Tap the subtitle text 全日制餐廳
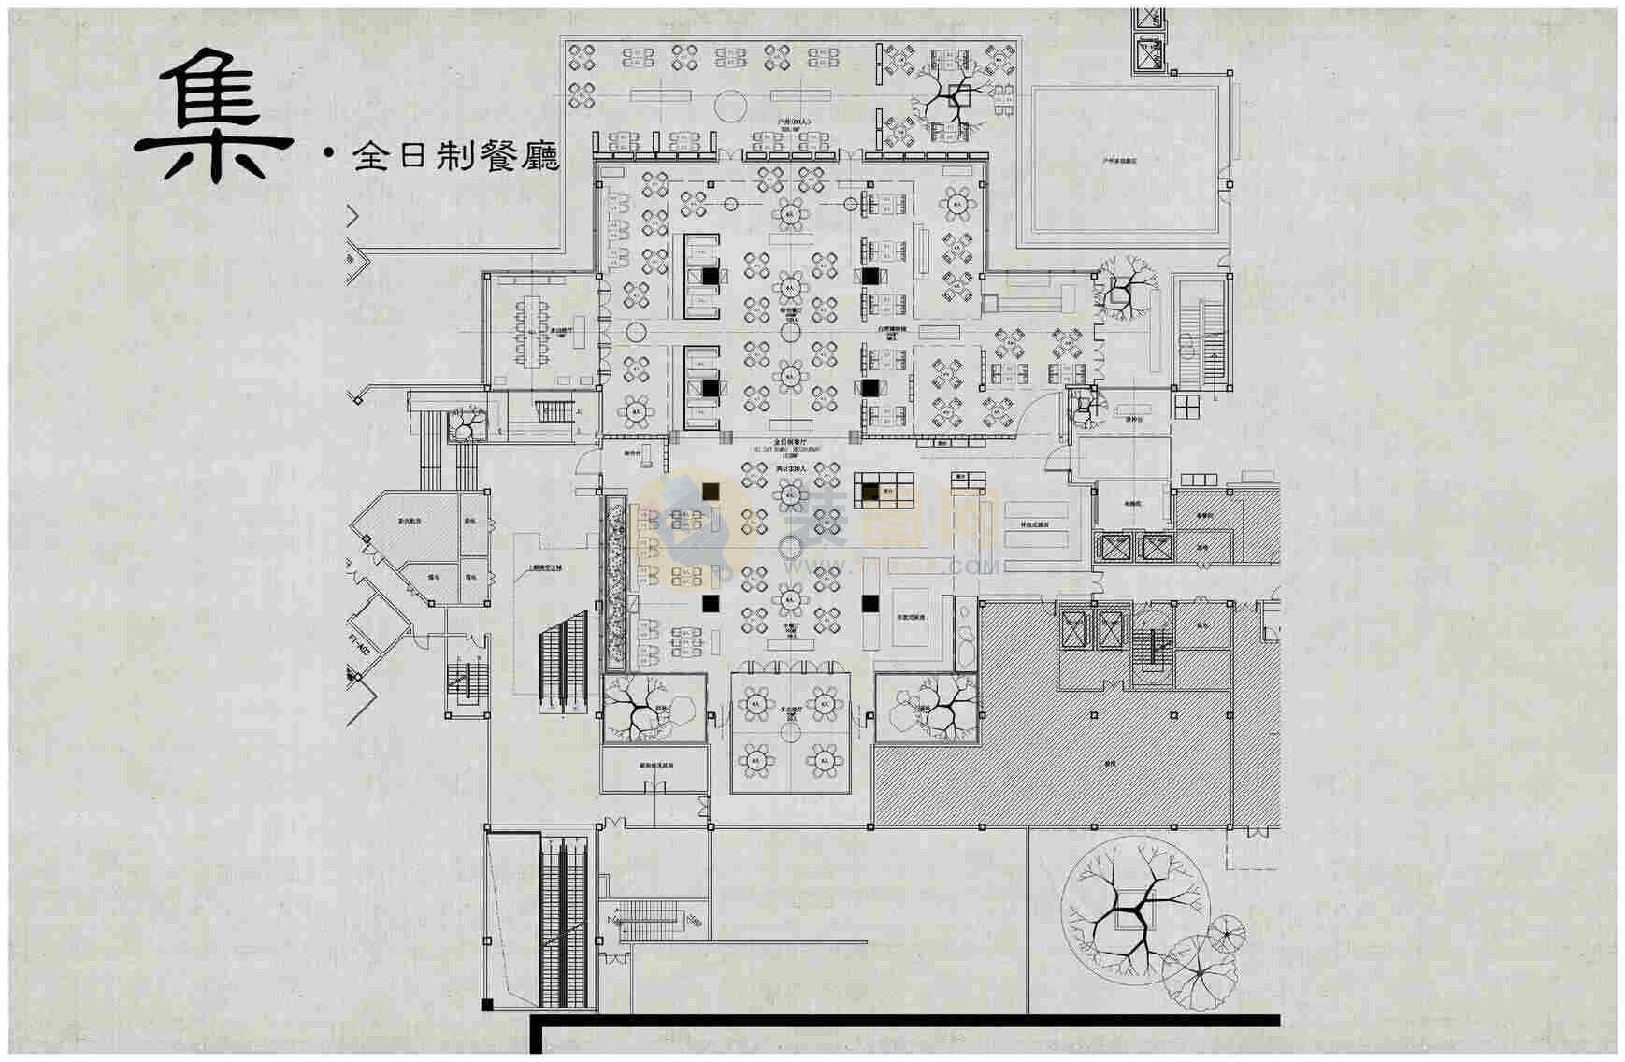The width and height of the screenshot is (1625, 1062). click(455, 156)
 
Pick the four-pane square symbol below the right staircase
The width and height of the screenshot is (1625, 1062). click(1186, 407)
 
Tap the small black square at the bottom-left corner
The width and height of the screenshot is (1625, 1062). click(486, 1005)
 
